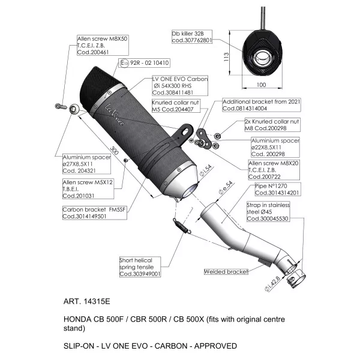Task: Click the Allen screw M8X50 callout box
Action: point(103,45)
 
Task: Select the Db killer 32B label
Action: point(192,37)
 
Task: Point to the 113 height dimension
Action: point(226,57)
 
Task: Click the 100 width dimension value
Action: point(261,85)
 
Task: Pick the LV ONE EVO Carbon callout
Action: point(180,86)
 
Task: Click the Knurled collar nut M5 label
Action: point(176,106)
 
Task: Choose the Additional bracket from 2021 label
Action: point(262,105)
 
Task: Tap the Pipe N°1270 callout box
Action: point(278,189)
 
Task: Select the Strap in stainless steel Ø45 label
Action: point(268,212)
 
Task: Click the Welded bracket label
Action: point(226,272)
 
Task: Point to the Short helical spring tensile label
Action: point(140,267)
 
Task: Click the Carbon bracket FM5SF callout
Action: point(95,213)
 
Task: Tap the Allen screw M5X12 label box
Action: point(88,189)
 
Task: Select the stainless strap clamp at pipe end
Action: point(296,278)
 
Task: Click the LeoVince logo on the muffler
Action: point(115,115)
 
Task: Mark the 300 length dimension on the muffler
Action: point(115,150)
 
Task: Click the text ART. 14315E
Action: point(87,301)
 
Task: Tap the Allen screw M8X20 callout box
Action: point(274,170)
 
